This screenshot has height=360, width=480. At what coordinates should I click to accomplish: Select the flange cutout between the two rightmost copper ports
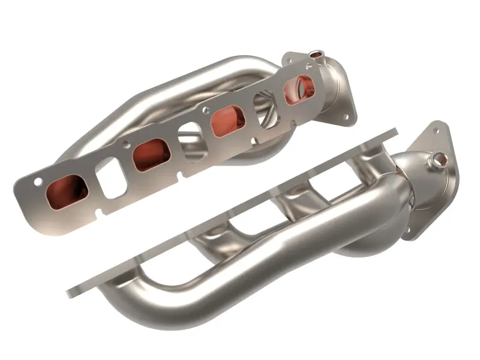(265, 110)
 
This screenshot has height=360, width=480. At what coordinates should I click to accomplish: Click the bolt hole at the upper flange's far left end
(38, 181)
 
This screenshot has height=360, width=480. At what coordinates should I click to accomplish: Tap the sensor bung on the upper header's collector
(316, 56)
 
